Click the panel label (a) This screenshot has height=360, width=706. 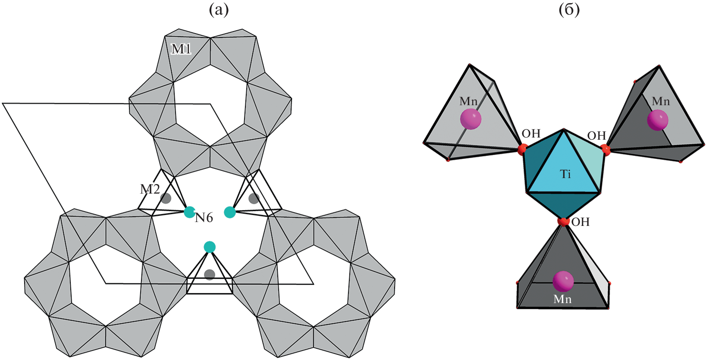click(219, 9)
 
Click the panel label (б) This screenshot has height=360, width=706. click(569, 9)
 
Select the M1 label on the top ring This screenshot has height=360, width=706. click(181, 49)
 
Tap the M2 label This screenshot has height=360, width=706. click(150, 189)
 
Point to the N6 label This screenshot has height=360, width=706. click(204, 218)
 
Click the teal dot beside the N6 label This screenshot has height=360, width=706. click(189, 212)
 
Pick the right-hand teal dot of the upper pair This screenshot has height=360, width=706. click(230, 212)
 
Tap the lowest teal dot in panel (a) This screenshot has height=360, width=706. click(210, 247)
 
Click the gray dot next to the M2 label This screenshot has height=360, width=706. click(166, 198)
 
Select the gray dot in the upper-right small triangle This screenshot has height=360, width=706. click(254, 198)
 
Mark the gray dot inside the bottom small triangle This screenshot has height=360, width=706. click(210, 275)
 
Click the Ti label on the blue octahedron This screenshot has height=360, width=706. click(565, 174)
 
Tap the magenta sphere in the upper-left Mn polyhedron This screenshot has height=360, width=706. click(471, 119)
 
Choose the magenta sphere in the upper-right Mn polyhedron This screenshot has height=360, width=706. click(658, 120)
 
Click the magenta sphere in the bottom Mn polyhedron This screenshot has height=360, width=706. click(563, 282)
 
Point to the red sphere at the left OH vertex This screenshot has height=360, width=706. click(522, 150)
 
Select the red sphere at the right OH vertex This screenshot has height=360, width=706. click(606, 150)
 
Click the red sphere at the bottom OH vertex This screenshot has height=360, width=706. click(563, 222)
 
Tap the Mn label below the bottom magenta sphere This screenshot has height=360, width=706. click(562, 299)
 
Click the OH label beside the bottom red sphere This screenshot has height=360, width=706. click(580, 222)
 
